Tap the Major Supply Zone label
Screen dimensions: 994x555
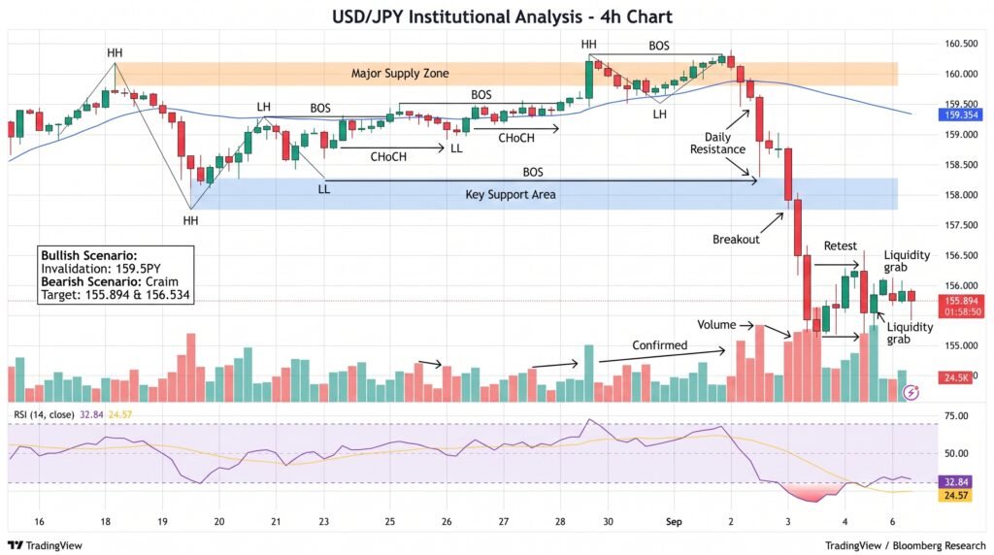coord(400,74)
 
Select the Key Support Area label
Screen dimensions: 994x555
coord(511,194)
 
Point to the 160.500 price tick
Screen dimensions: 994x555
coord(961,44)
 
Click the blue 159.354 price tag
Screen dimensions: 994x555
coord(961,114)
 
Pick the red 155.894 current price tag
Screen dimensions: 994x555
coord(961,302)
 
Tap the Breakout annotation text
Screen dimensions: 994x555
coord(736,240)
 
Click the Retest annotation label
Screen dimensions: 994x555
coord(840,245)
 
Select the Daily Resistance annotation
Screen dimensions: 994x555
coord(717,144)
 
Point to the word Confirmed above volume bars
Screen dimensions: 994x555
coord(659,345)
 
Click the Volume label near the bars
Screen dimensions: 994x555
coord(716,324)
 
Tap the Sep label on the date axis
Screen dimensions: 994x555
coord(674,521)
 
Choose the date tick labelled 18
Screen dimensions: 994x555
coord(105,521)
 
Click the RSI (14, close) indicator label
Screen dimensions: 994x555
coord(44,414)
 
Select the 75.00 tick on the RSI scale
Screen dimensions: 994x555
coord(956,416)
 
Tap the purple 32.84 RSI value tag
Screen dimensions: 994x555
coord(955,482)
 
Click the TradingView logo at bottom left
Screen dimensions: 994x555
coord(45,545)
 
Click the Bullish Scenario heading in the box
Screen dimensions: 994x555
coord(88,256)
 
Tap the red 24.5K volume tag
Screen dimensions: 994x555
coord(955,377)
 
